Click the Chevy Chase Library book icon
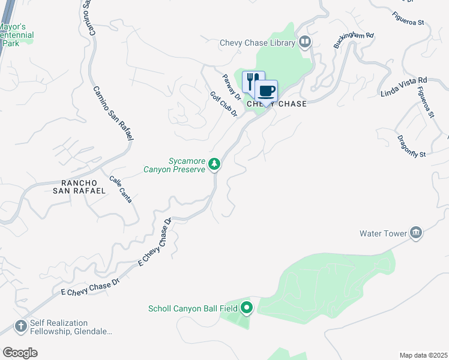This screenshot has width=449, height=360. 305,43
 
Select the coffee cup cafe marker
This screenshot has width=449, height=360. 267,91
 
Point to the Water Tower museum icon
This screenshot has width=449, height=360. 416,233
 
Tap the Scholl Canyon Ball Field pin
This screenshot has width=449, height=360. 247,309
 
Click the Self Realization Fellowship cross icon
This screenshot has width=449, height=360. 20,326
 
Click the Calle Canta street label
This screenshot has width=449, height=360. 121,188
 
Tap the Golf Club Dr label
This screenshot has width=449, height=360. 224,104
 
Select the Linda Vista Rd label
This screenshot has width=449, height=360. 403,87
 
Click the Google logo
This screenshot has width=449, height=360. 20,353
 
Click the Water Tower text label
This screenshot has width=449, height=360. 383,233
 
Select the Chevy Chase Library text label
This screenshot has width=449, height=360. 258,43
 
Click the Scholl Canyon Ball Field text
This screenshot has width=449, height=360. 193,309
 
